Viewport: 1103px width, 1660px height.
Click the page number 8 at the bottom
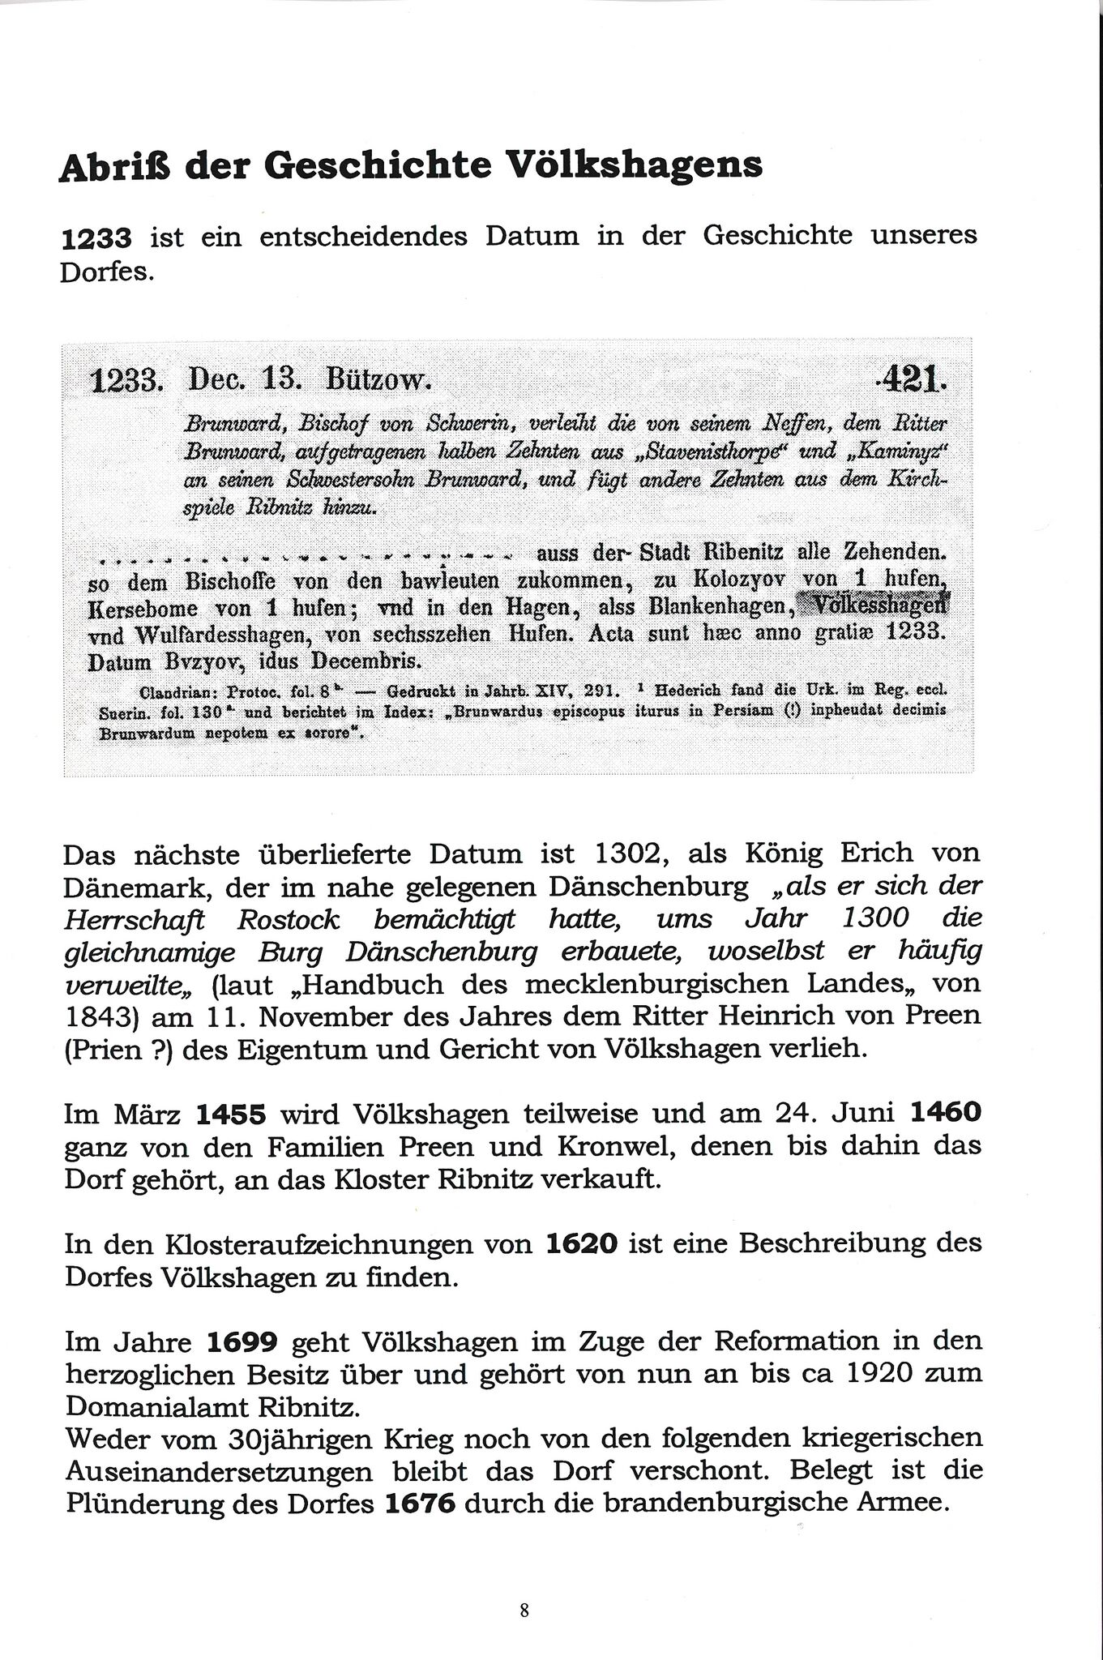[524, 1610]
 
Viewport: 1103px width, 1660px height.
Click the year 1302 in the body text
[630, 854]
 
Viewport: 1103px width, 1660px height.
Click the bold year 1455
[231, 1115]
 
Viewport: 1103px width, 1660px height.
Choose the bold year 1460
[946, 1112]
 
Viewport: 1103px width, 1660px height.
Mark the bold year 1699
[243, 1341]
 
